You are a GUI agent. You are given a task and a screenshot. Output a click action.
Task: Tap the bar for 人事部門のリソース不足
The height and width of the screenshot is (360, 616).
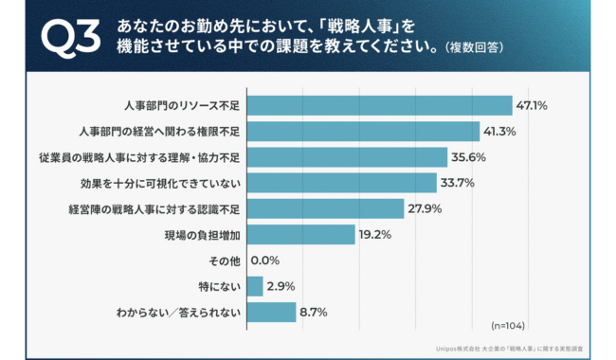pyautogui.click(x=379, y=104)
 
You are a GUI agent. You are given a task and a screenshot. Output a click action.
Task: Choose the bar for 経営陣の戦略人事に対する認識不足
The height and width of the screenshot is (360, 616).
pyautogui.click(x=325, y=207)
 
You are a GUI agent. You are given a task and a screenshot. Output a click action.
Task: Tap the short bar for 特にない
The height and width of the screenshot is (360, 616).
pyautogui.click(x=255, y=285)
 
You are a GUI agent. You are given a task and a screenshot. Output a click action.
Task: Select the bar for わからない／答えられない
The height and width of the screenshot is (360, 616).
pyautogui.click(x=271, y=311)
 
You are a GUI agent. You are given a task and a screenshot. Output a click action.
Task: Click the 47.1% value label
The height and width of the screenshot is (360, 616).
pyautogui.click(x=533, y=104)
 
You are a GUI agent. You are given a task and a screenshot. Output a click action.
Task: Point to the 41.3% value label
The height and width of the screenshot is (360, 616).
pyautogui.click(x=500, y=131)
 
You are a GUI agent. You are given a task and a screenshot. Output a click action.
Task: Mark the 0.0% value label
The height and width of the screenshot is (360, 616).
pyautogui.click(x=265, y=260)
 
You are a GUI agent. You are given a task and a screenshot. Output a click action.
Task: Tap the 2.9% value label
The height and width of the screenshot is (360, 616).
pyautogui.click(x=281, y=285)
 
